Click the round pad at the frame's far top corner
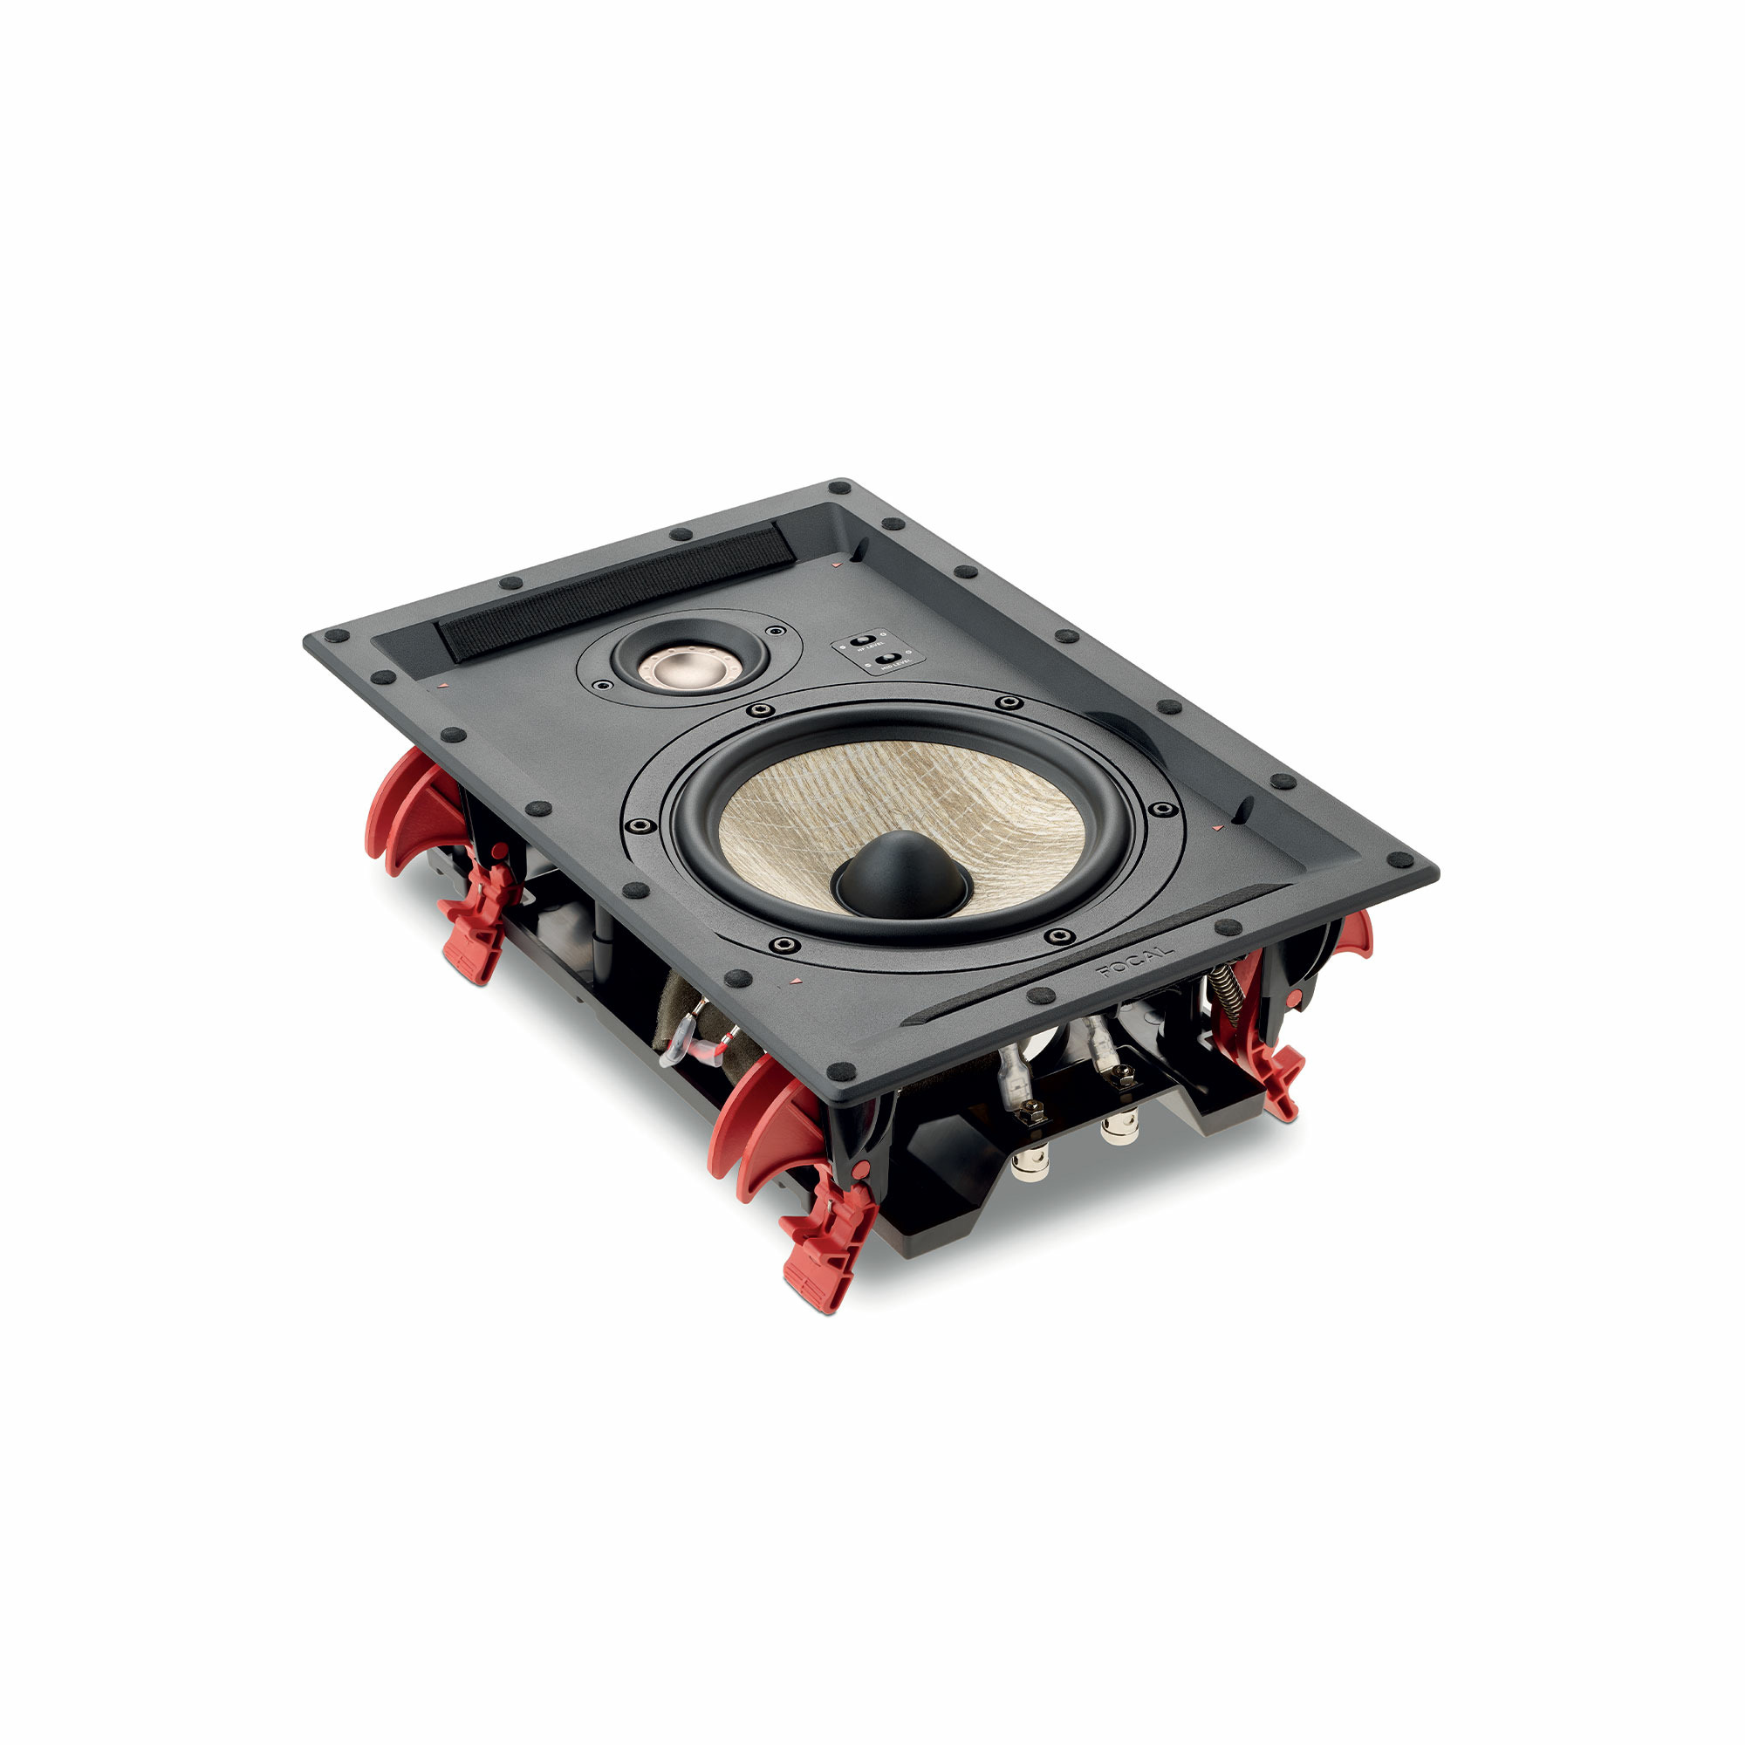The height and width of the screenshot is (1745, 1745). click(843, 488)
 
